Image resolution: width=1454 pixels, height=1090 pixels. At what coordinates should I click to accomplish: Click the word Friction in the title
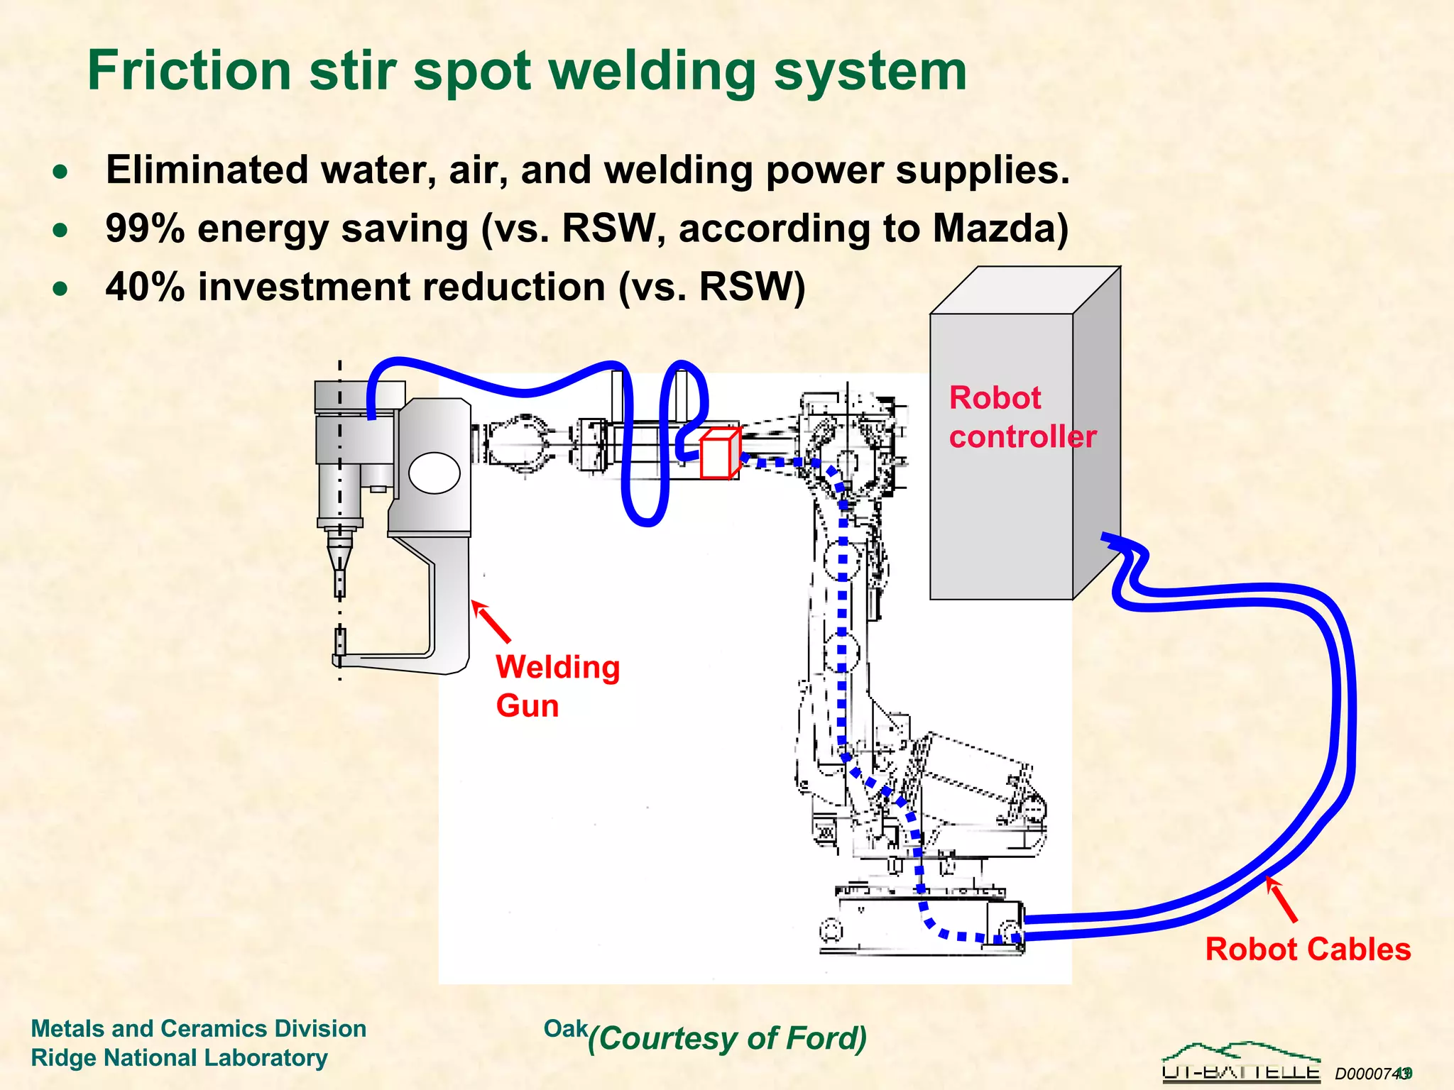[x=189, y=71]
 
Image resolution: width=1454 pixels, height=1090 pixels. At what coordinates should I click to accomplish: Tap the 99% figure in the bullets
[x=145, y=229]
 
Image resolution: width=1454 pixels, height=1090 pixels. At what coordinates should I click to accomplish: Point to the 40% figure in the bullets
[x=145, y=287]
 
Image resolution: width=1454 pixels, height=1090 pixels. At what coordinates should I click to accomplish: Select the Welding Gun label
[x=557, y=686]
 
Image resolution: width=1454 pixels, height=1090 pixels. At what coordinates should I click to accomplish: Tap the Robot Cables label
[x=1307, y=949]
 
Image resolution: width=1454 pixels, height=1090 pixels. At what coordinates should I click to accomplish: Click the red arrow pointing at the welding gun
[x=491, y=622]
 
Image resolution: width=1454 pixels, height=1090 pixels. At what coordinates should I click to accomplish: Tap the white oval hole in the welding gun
[x=434, y=473]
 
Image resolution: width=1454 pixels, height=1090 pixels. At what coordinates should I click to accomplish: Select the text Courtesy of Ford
[x=728, y=1038]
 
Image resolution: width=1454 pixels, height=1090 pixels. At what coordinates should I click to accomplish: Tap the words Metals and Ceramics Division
[x=199, y=1028]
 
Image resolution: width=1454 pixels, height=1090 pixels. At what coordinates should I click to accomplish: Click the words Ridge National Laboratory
[x=179, y=1057]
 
